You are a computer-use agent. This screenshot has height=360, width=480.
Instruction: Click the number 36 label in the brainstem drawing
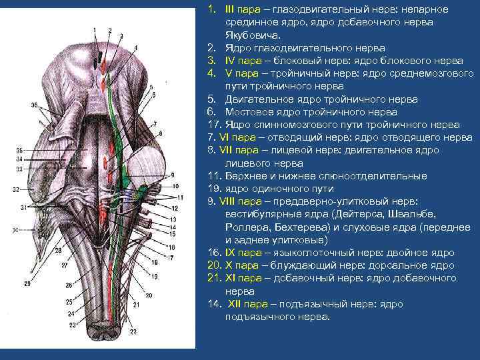tap(34, 105)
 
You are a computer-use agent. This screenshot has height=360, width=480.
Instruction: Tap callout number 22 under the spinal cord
tap(133, 331)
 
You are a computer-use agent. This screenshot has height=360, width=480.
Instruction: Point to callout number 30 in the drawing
tap(15, 229)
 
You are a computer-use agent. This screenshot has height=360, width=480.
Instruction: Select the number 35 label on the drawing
tap(19, 151)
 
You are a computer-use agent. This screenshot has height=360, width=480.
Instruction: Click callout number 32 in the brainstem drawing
tap(15, 189)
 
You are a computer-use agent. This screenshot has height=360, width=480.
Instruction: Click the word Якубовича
tap(249, 35)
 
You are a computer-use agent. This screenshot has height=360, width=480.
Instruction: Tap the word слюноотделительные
tap(381, 176)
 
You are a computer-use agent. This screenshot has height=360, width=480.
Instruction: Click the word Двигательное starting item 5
tap(258, 99)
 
